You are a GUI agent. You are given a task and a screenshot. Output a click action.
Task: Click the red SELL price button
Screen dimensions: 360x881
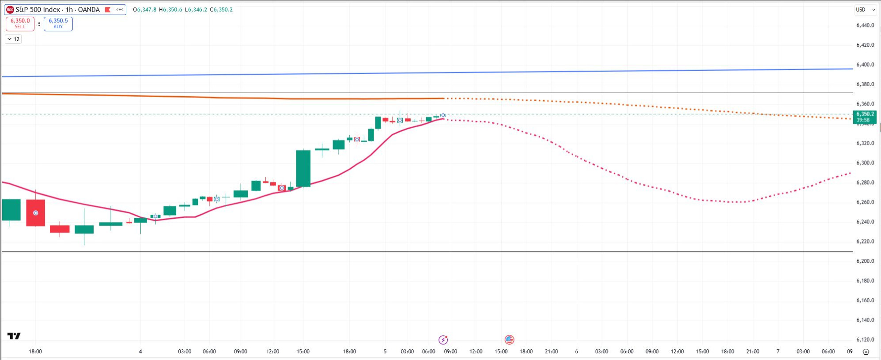[x=20, y=23]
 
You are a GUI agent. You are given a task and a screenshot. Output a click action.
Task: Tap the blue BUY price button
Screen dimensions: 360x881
[x=58, y=23]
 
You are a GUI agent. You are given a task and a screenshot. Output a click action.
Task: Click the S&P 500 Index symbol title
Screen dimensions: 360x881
[x=57, y=10]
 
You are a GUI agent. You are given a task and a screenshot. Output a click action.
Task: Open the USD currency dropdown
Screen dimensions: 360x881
[x=865, y=10]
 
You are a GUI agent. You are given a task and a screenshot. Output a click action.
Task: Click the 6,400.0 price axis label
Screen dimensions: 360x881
[x=865, y=64]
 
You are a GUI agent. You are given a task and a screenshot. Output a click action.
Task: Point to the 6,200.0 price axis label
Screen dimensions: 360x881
[x=865, y=261]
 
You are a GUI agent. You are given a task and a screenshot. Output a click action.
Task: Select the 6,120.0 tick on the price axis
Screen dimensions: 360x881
[x=865, y=340]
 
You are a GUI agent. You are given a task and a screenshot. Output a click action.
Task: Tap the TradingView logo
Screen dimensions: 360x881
[x=14, y=336]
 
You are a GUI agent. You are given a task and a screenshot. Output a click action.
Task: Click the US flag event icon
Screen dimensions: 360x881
[x=509, y=340]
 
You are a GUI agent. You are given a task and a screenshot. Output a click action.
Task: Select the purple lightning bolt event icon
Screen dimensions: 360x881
[x=443, y=340]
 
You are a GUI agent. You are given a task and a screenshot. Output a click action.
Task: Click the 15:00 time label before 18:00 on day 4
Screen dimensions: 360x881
[x=303, y=352]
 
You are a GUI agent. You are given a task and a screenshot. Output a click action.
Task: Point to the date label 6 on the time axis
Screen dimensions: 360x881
[x=576, y=352]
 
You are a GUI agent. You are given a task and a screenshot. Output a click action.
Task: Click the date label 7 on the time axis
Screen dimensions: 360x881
[x=778, y=352]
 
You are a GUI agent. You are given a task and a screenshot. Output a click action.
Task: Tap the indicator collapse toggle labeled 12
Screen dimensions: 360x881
[x=14, y=39]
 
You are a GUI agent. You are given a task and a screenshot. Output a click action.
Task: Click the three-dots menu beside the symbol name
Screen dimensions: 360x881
[x=120, y=10]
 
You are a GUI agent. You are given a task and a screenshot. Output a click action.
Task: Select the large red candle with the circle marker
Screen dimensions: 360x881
[x=35, y=213]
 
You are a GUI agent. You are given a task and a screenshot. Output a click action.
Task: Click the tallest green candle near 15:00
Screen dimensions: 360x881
[x=303, y=168]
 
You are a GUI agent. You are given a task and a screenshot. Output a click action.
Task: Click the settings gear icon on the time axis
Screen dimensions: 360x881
[x=866, y=352]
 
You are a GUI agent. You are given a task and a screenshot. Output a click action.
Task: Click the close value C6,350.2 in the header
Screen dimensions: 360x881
[x=221, y=10]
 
